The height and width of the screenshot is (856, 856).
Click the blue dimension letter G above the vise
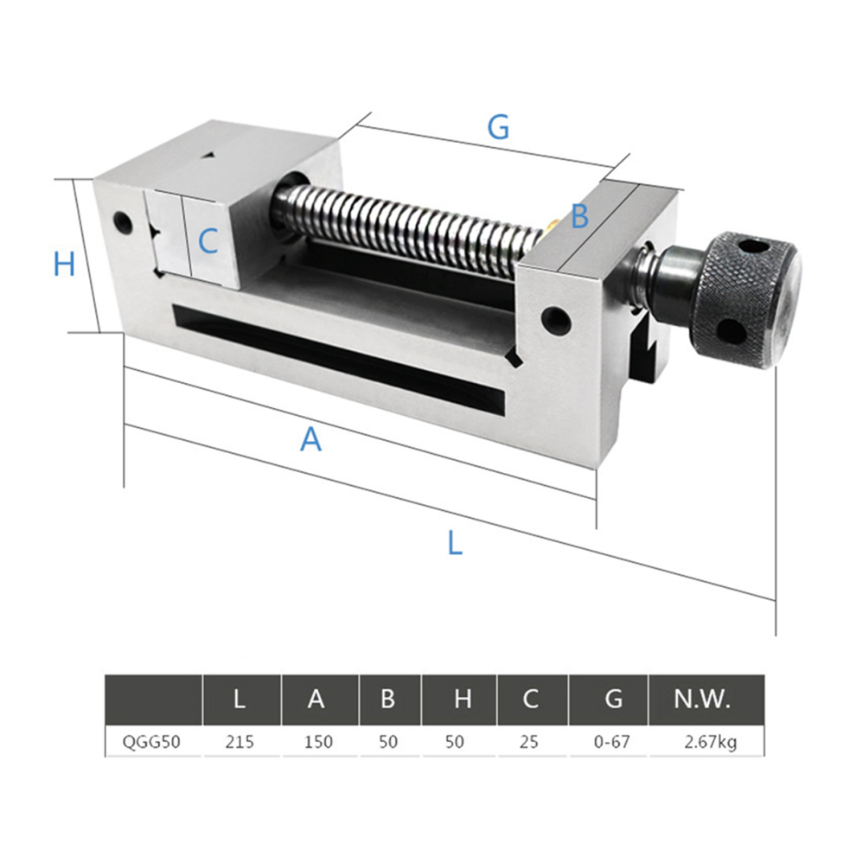pyautogui.click(x=498, y=127)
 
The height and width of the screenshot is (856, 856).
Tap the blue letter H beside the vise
pyautogui.click(x=65, y=264)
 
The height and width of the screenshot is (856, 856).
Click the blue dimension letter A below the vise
pyautogui.click(x=310, y=439)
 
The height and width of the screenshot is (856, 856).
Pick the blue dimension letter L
pyautogui.click(x=455, y=543)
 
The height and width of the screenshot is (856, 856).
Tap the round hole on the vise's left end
pyautogui.click(x=123, y=222)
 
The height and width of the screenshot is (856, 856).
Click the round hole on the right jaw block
pyautogui.click(x=556, y=320)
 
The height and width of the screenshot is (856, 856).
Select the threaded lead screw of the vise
pyautogui.click(x=411, y=225)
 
